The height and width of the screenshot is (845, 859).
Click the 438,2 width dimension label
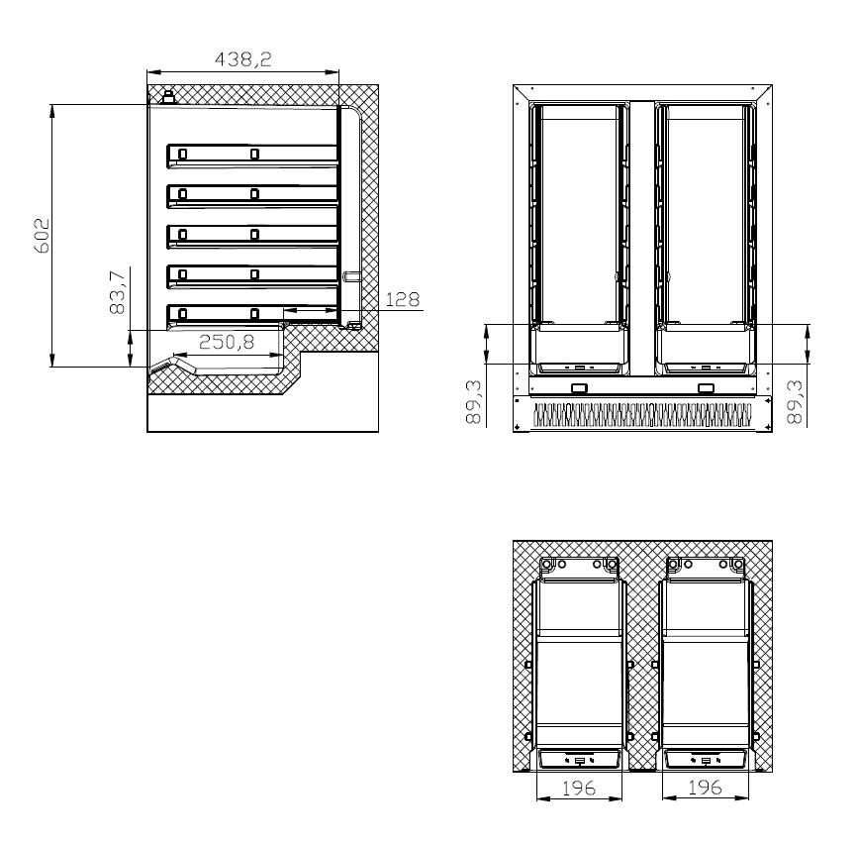[242, 59]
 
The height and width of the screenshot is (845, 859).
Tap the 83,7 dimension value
[117, 292]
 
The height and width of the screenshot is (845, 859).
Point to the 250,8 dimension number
[227, 342]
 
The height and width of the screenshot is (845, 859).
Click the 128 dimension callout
[402, 299]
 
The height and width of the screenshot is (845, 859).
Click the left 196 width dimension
[580, 788]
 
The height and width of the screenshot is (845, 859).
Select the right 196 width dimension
[705, 788]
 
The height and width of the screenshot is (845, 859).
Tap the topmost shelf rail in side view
[252, 154]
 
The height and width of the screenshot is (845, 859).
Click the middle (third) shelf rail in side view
[252, 234]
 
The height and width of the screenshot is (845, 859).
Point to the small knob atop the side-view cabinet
[168, 97]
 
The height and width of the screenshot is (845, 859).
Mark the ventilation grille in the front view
[642, 415]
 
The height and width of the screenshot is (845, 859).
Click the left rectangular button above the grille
[580, 388]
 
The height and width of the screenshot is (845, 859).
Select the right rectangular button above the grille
[706, 388]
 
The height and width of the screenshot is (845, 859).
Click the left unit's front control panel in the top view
[580, 760]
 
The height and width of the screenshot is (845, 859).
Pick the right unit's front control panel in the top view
[705, 760]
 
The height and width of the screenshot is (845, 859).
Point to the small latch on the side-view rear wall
[350, 277]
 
